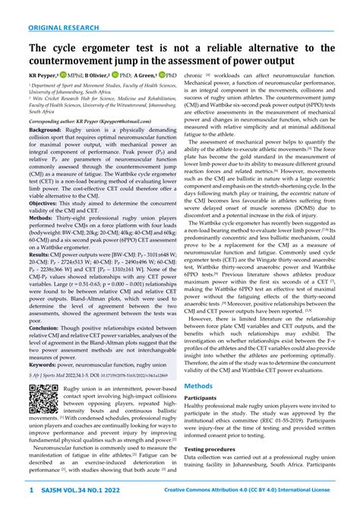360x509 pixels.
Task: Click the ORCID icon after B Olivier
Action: [115, 76]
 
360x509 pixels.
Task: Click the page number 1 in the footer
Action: [30, 492]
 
